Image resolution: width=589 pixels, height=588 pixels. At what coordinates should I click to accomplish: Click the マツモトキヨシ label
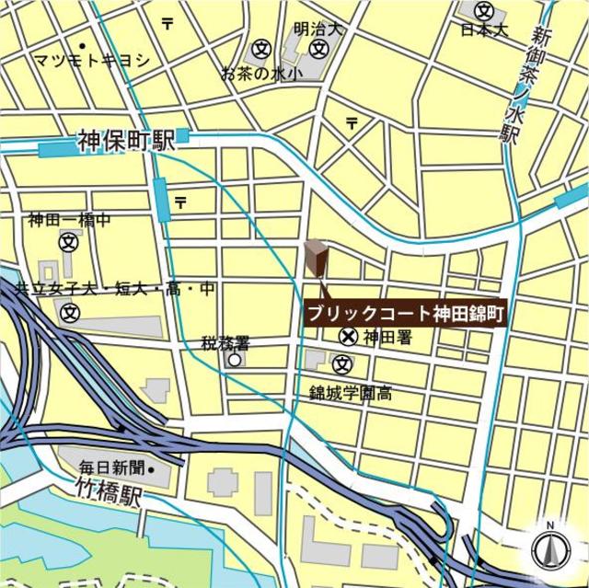tap(89, 61)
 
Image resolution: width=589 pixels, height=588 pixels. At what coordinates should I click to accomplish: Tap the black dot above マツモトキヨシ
tap(83, 45)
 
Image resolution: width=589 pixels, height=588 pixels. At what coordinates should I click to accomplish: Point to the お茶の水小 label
tap(261, 74)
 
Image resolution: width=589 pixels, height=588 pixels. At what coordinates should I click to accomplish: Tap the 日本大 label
tap(485, 30)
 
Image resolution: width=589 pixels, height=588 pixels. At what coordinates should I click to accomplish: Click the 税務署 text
tap(225, 343)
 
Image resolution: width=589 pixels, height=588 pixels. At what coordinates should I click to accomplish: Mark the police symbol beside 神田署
tap(349, 337)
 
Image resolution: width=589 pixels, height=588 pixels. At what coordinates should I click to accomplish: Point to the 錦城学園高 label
tap(351, 394)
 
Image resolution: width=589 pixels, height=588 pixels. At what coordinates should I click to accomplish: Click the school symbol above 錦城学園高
tap(342, 363)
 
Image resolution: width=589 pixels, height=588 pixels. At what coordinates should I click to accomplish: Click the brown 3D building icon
tap(315, 258)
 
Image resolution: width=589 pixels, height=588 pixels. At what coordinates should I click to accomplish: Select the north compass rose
tap(549, 549)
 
